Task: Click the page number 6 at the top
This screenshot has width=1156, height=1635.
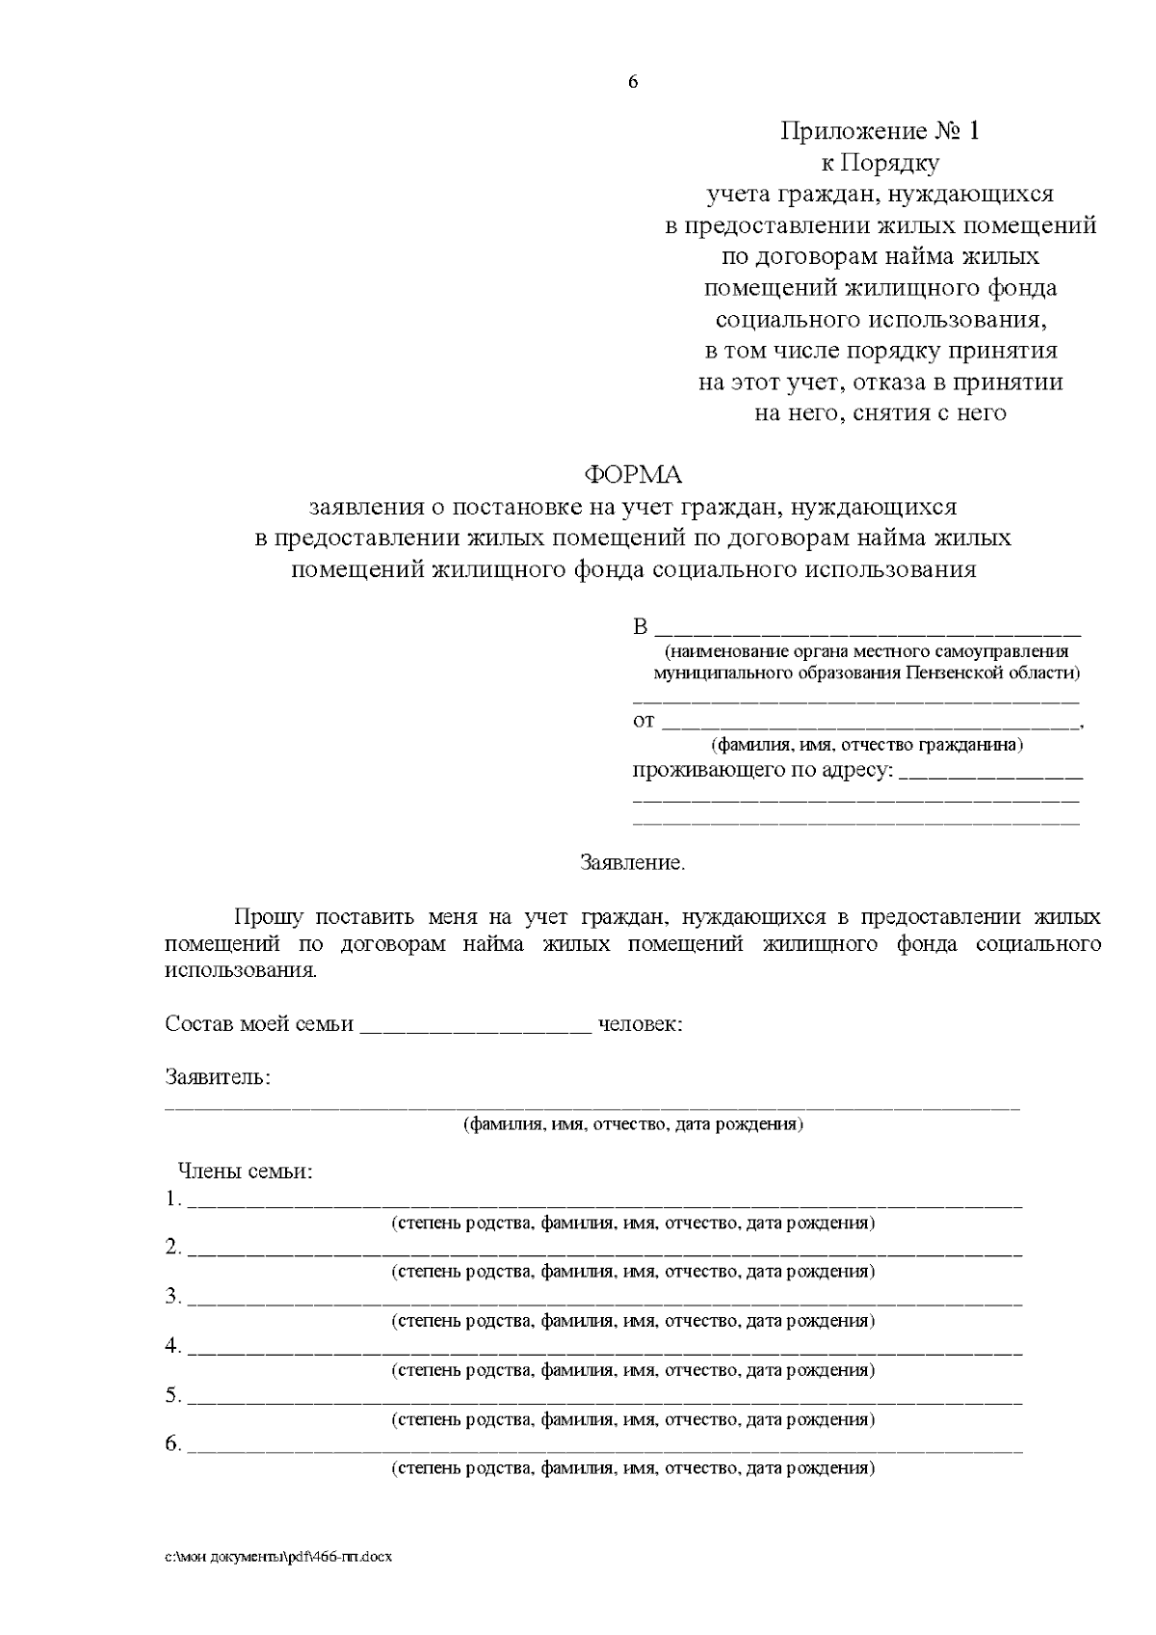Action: pos(633,83)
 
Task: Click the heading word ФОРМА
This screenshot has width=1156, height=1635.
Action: pos(633,475)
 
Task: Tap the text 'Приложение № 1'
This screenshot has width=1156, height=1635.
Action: pos(879,132)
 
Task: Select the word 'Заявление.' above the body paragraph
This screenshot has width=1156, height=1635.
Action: pos(633,863)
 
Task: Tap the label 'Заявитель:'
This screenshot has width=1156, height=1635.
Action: pos(218,1077)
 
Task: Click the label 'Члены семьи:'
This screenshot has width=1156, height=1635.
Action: pos(246,1173)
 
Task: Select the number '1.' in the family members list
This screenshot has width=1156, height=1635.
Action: pos(173,1200)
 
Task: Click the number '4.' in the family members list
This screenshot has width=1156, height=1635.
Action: pos(173,1346)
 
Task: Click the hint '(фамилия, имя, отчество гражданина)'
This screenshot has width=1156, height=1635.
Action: pos(867,746)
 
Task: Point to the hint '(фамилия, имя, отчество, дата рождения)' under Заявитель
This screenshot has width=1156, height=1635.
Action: pos(633,1124)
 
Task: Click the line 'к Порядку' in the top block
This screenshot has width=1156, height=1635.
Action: pos(880,164)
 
